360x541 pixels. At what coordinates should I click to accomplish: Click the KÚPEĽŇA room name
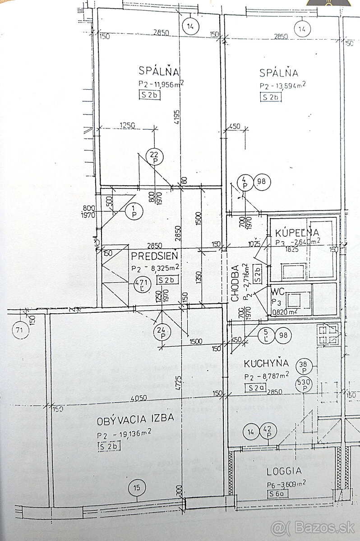pyautogui.click(x=297, y=233)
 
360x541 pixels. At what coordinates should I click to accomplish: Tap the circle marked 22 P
pyautogui.click(x=155, y=156)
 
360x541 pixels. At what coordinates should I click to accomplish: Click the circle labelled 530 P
pyautogui.click(x=305, y=385)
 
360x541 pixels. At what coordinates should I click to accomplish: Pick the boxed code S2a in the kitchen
pyautogui.click(x=254, y=387)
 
